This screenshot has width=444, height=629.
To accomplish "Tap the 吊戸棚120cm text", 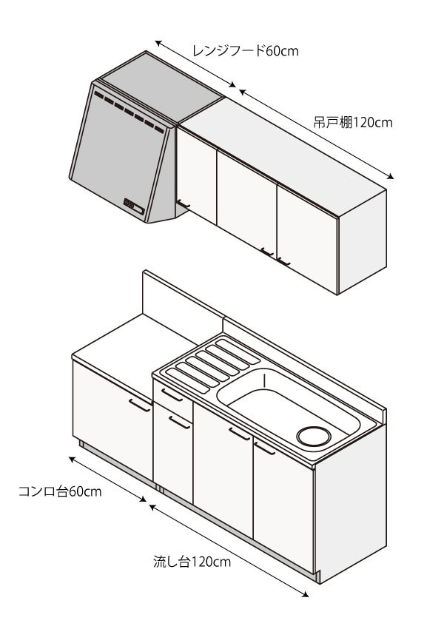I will pyautogui.click(x=352, y=123).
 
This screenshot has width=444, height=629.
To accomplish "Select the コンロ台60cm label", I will pyautogui.click(x=60, y=491).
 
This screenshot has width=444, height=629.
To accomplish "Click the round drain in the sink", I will pyautogui.click(x=314, y=436).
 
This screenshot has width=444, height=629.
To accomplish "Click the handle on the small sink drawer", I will pyautogui.click(x=172, y=395).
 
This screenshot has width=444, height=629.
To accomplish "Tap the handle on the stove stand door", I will pyautogui.click(x=139, y=405).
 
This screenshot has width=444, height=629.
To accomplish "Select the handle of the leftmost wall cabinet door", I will pyautogui.click(x=184, y=203).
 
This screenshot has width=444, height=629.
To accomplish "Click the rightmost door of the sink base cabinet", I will pyautogui.click(x=283, y=496).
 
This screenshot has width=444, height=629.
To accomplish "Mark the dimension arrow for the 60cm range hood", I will pyautogui.click(x=196, y=66).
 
